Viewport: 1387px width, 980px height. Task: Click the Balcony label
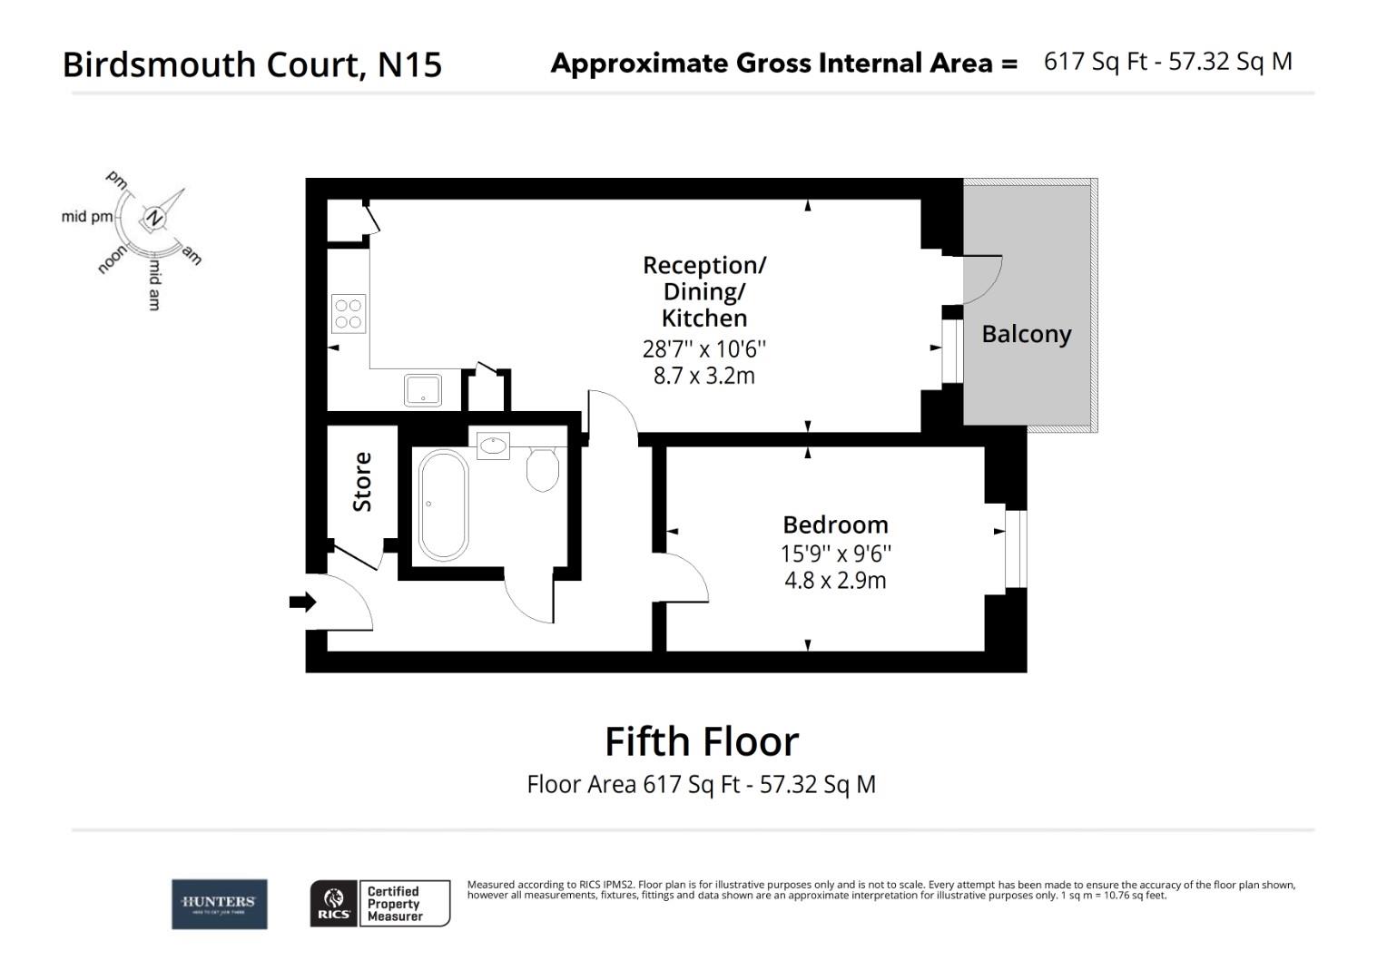(1026, 334)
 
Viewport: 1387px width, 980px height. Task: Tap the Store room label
(362, 482)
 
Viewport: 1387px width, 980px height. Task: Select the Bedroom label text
(835, 524)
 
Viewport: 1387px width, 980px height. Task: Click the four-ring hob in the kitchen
(349, 313)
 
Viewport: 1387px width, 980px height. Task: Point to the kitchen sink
(422, 390)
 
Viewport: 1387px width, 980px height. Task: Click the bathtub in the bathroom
(443, 505)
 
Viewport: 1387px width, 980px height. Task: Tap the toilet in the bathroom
(543, 468)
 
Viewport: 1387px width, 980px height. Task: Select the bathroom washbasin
(494, 446)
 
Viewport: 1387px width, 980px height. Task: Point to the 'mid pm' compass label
(88, 216)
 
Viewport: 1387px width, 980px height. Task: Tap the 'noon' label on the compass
(112, 260)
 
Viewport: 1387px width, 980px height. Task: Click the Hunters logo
(220, 904)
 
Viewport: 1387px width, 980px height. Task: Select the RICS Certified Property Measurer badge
(380, 904)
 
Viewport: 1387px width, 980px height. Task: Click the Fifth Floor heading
(702, 741)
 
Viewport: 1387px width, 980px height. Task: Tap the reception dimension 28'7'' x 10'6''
(704, 348)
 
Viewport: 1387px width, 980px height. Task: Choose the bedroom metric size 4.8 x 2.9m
(835, 581)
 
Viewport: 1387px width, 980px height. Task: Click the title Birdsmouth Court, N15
(252, 64)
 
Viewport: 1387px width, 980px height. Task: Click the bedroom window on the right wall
(1014, 550)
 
